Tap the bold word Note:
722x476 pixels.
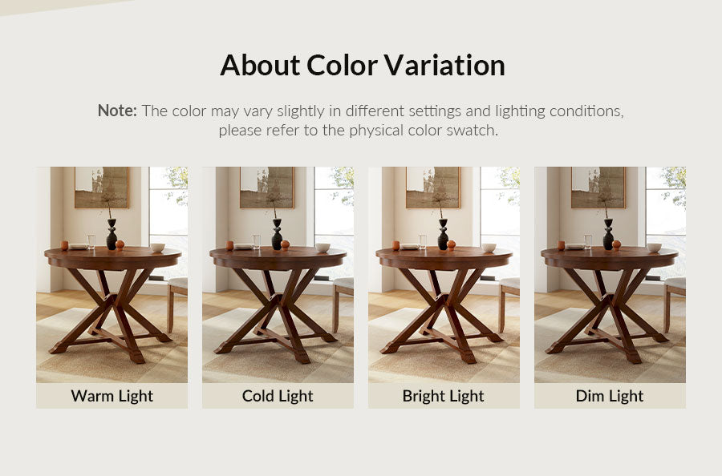[x=117, y=111]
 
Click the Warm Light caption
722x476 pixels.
[x=112, y=396]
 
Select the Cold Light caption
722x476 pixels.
[x=278, y=396]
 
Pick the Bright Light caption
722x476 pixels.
[x=444, y=396]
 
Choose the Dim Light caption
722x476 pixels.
[x=610, y=396]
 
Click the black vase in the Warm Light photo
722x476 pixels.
[x=112, y=234]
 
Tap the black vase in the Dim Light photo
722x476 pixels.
[x=608, y=234]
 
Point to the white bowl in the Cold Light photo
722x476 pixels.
[x=322, y=248]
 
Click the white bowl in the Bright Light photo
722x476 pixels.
[x=489, y=248]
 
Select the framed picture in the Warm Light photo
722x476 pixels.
[x=102, y=188]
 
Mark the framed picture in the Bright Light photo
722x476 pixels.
[x=433, y=188]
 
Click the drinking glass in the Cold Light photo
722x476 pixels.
[x=257, y=242]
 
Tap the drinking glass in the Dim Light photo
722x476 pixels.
[x=588, y=242]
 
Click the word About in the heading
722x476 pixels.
[x=260, y=65]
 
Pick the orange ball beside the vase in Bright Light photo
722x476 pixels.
[x=451, y=244]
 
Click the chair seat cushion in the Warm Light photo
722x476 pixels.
[x=178, y=283]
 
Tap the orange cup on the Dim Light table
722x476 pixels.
[x=561, y=245]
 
